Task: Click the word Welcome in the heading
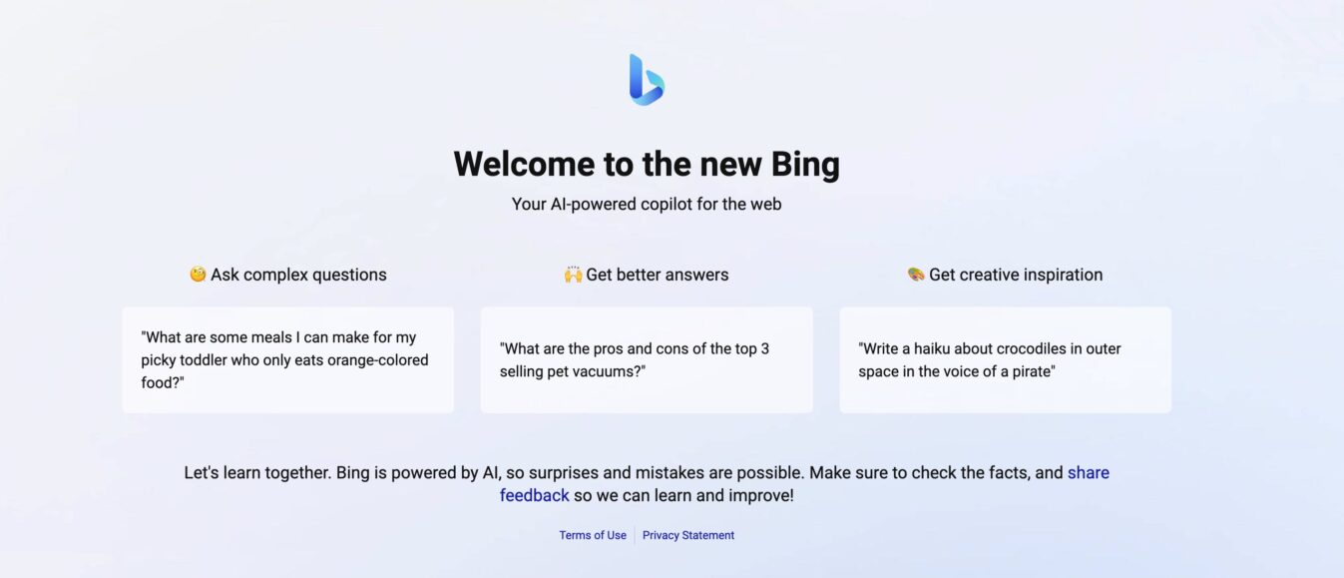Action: click(x=523, y=164)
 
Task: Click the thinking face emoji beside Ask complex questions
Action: click(x=198, y=275)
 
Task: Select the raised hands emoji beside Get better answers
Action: click(x=573, y=275)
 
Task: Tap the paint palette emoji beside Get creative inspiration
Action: click(x=916, y=275)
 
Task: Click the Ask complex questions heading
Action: click(x=298, y=275)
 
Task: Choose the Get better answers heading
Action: click(x=658, y=275)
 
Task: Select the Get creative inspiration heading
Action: click(x=1016, y=275)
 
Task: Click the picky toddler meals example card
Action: click(x=287, y=359)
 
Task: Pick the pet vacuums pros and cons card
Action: click(x=647, y=359)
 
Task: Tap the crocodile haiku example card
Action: click(x=1005, y=359)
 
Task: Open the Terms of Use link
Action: click(x=593, y=535)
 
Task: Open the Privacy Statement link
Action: click(x=688, y=535)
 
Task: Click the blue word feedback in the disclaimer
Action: click(x=535, y=495)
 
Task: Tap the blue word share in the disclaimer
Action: click(x=1088, y=472)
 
